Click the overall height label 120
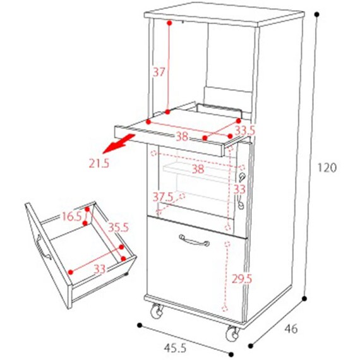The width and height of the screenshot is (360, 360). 327,167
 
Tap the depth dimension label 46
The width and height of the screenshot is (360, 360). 291,329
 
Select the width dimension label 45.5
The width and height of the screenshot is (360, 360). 175,348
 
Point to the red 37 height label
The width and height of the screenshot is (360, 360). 159,72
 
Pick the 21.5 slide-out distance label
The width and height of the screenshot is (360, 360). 99,163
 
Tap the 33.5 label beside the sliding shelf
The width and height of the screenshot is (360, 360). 245,131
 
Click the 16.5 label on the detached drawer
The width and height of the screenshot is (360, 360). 72,216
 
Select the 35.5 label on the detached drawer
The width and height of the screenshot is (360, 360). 119,227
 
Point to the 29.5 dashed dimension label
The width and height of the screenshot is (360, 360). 242,279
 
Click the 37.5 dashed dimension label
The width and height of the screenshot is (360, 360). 163,197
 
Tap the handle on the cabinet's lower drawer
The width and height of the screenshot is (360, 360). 195,240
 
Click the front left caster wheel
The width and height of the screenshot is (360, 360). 157,311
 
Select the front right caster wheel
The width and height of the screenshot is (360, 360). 233,333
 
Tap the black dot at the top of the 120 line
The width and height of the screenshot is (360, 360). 317,15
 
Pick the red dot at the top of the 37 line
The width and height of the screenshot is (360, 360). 169,23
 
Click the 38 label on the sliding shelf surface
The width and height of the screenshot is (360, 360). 182,137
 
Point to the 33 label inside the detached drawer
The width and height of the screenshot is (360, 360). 100,269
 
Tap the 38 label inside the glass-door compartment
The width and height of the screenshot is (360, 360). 198,169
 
